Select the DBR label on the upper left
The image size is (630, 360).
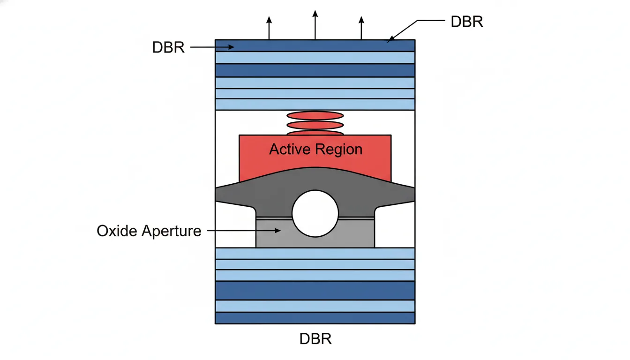pyautogui.click(x=168, y=47)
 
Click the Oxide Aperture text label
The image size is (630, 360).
pyautogui.click(x=149, y=231)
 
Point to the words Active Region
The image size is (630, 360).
pyautogui.click(x=315, y=150)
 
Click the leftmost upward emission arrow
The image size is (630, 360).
pyautogui.click(x=269, y=28)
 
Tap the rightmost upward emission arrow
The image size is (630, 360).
pyautogui.click(x=361, y=28)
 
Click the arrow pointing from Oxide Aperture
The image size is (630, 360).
pyautogui.click(x=244, y=231)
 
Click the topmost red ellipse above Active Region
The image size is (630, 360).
pyautogui.click(x=315, y=115)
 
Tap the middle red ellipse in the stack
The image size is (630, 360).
pyautogui.click(x=315, y=125)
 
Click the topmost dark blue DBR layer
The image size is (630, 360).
pyautogui.click(x=315, y=45)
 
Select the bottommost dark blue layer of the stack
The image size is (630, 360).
pyautogui.click(x=315, y=318)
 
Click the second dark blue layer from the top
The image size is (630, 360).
pyautogui.click(x=315, y=70)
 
